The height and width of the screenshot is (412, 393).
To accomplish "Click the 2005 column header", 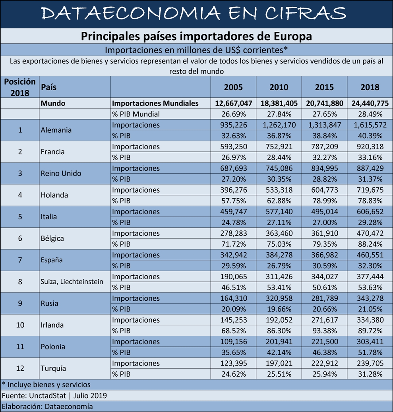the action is click(233, 87).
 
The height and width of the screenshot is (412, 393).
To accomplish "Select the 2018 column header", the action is click(370, 87).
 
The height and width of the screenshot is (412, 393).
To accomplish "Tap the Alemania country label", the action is click(56, 130).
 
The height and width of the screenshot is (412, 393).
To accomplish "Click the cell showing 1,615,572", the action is click(370, 125).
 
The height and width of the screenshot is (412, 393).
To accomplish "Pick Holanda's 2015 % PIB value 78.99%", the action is click(325, 201).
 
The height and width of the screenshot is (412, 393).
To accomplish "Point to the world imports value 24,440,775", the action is click(370, 103).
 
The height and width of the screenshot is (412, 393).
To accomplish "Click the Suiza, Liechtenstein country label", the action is click(72, 282).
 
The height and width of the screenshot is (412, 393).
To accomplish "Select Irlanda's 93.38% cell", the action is click(325, 331).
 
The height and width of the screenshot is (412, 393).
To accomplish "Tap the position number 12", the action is click(20, 368).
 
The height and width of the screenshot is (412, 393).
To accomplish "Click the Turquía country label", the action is click(53, 368).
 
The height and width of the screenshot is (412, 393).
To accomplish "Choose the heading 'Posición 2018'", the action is click(20, 87).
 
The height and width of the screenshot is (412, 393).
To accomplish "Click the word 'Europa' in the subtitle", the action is click(293, 36).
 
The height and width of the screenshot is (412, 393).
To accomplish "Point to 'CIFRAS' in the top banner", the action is click(306, 13).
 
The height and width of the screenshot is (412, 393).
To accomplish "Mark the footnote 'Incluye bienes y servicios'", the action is click(49, 385).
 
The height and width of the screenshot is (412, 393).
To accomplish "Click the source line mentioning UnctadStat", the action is click(54, 396).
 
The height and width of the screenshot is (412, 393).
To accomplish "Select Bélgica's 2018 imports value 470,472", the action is click(370, 233).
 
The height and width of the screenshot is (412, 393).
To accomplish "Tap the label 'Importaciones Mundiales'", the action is click(155, 103).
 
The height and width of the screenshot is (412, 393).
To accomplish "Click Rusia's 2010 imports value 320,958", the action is click(279, 298).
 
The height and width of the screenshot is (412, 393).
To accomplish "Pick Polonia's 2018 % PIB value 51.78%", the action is click(370, 352).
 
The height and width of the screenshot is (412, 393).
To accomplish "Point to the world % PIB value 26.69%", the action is click(233, 114).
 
